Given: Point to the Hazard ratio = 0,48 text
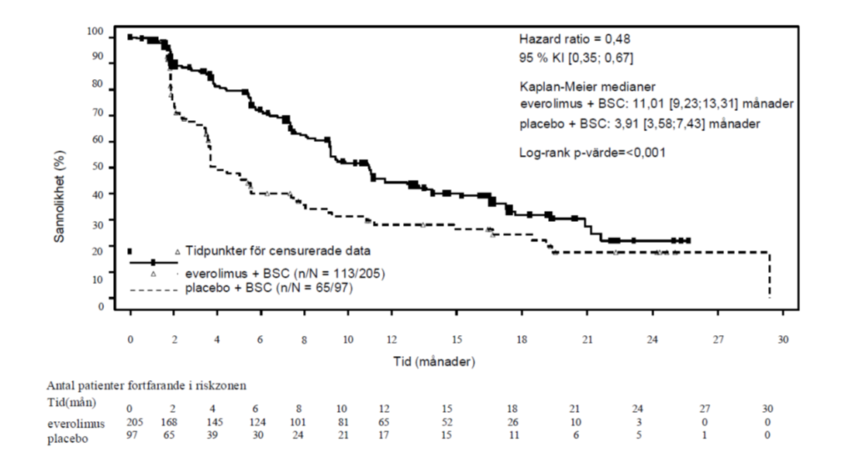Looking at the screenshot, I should [x=568, y=38].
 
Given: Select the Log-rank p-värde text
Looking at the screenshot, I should [x=591, y=153].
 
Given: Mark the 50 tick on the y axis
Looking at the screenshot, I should [x=99, y=168].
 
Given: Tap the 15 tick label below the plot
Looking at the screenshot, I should [x=458, y=340].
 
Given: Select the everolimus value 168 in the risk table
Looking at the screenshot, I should [x=174, y=423].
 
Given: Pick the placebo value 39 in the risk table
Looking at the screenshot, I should [x=217, y=436].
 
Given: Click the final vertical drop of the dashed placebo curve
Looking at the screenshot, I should [x=769, y=275].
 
